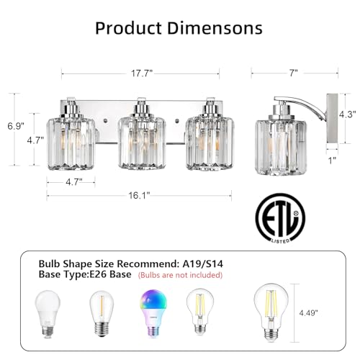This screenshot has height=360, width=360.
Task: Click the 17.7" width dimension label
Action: pos(142,73)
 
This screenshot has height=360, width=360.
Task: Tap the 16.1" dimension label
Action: pos(139,196)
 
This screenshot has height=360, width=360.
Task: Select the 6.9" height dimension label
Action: pos(16,126)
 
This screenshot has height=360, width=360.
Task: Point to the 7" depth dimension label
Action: pos(293,73)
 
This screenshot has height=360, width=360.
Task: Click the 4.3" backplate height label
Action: pos(347,114)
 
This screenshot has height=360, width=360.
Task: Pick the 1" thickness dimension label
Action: pos(332,161)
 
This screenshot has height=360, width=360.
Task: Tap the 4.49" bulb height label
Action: pos(308,312)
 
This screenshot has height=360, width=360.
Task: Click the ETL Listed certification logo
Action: pos(280,218)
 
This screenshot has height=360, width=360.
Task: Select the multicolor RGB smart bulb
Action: pos(153,313)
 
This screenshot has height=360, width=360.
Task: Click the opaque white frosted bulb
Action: pos(48,314)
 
